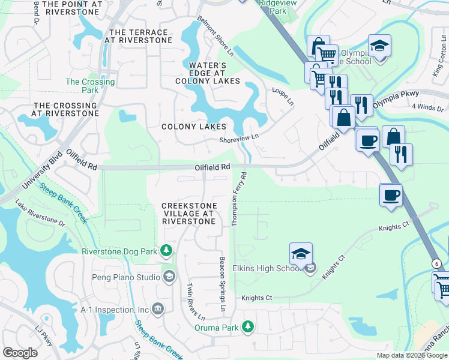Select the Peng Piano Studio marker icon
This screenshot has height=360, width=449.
point(170,277)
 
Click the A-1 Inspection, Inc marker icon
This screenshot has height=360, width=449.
point(158,309)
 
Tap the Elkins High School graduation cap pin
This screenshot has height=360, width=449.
point(301,255)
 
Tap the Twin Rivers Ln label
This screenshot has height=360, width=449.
point(196,301)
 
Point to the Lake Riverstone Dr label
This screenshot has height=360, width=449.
point(40,212)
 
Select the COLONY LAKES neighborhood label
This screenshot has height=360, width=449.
point(194,127)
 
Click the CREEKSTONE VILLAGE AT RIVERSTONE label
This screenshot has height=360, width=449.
point(188,214)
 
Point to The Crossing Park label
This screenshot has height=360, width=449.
point(90,86)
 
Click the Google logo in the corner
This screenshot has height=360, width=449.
point(21,353)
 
